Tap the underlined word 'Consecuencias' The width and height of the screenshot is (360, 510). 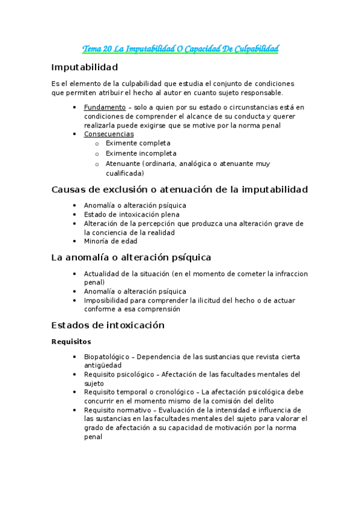point(109,134)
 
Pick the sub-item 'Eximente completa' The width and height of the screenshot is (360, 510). point(138,143)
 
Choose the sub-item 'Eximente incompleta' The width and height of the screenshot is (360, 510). point(141,153)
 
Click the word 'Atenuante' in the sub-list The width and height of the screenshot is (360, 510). point(122,164)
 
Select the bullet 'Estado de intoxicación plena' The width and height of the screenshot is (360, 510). point(132,214)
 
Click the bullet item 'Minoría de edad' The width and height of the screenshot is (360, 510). point(111,241)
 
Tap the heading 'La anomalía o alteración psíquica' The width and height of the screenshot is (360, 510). point(131,257)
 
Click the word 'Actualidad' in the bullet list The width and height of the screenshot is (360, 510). point(103,274)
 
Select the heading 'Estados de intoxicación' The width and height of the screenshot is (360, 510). point(108,325)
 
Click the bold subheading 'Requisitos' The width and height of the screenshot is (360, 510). point(71,341)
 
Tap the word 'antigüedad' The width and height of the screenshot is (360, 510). point(103,365)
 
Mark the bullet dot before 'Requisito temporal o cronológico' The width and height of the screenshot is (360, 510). point(74,392)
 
